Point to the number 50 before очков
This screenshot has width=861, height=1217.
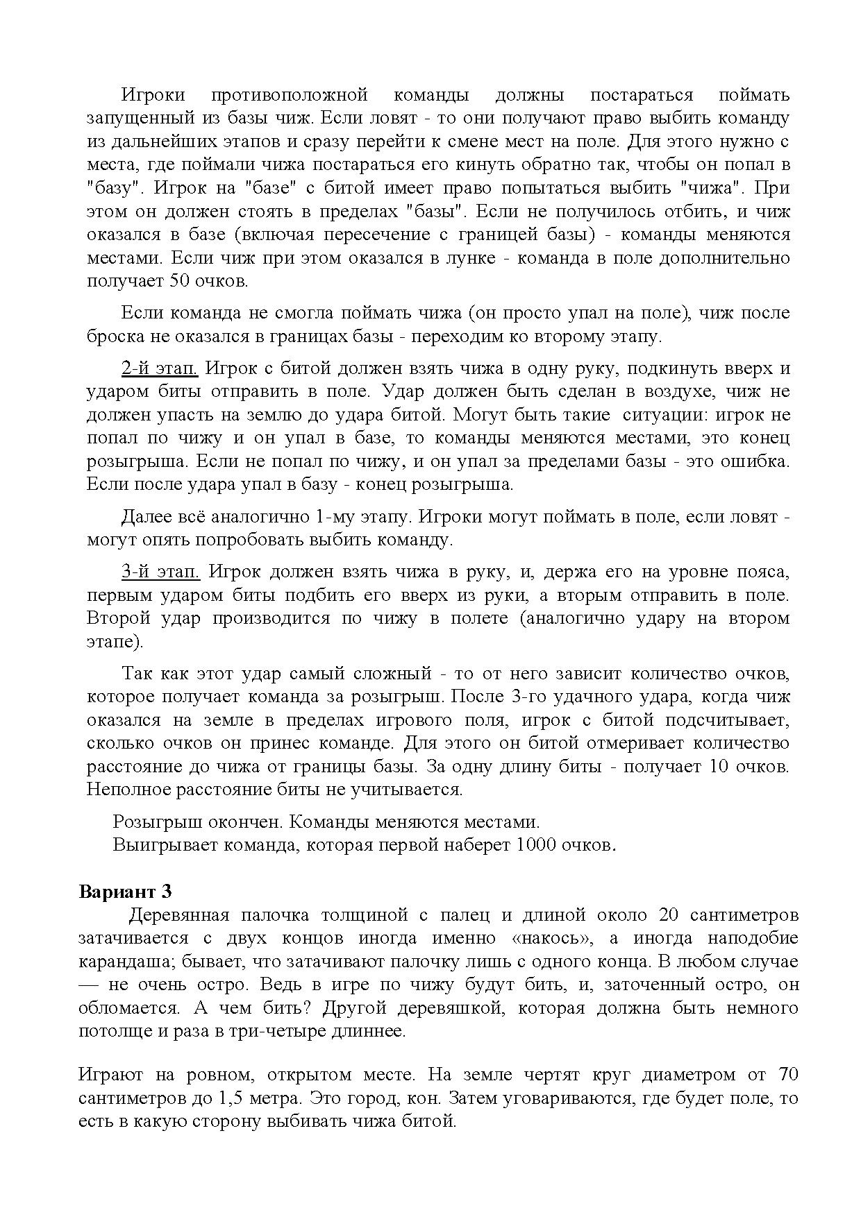[176, 282]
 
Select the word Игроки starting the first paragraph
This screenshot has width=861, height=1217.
[152, 95]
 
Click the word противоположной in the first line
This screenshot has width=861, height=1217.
[288, 95]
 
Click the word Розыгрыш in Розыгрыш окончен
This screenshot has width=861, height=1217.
[147, 822]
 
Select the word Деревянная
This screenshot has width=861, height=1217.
[178, 915]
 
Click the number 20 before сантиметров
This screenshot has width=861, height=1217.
[669, 915]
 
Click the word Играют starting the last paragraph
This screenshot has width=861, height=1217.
[110, 1075]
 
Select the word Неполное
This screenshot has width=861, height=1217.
[126, 790]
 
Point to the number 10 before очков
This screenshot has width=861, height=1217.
[714, 767]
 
